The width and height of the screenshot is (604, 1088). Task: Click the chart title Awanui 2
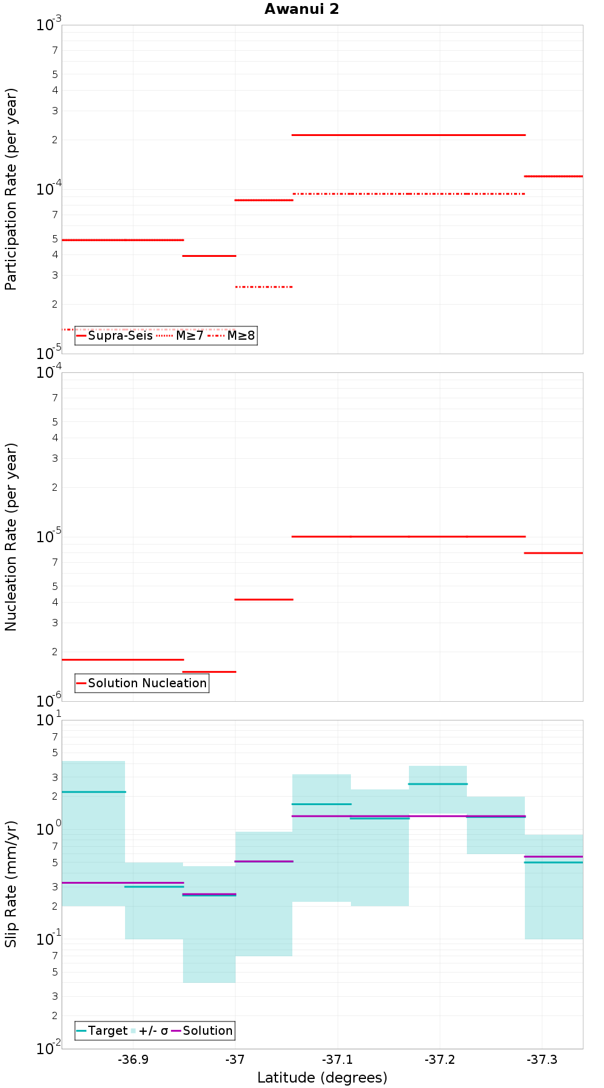[x=301, y=9]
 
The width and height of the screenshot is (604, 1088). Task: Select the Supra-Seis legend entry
[x=115, y=335]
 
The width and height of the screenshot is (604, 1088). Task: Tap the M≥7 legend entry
[x=181, y=335]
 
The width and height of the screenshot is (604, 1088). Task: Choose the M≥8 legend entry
[x=232, y=335]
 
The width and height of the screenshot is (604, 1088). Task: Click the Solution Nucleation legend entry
[x=142, y=683]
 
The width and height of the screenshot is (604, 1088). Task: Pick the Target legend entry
[x=102, y=1031]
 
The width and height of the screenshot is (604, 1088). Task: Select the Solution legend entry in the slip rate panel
[x=202, y=1031]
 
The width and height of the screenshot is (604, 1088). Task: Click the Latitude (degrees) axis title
[x=322, y=1078]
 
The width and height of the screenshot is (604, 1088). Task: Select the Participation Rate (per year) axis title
[x=11, y=189]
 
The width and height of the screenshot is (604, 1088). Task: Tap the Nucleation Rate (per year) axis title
[x=11, y=537]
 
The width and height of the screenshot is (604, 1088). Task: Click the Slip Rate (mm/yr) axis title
[x=11, y=884]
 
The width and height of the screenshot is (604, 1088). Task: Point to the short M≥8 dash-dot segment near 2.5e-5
[x=263, y=287]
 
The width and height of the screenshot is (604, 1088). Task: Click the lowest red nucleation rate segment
[x=209, y=672]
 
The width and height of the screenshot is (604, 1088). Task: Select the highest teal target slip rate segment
[x=437, y=784]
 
